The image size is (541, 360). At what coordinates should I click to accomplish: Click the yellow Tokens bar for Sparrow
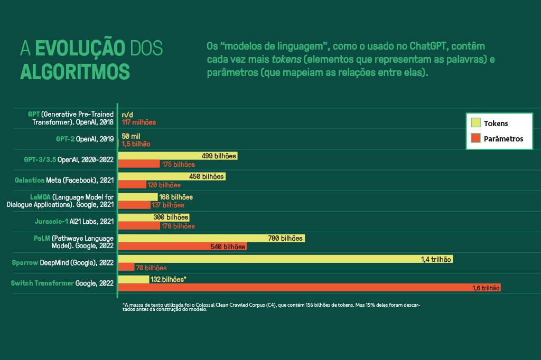point(285,259)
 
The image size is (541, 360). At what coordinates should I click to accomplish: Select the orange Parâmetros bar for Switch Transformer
point(309,288)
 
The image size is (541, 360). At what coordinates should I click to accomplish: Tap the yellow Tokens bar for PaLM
point(211,239)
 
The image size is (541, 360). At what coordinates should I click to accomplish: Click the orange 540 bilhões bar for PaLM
point(182,247)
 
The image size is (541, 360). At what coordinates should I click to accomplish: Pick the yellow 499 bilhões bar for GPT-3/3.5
point(178,156)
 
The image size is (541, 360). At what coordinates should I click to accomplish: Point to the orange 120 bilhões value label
point(164,185)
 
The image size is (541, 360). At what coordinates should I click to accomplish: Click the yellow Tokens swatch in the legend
point(475,124)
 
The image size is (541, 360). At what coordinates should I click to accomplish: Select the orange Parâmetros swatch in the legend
point(475,138)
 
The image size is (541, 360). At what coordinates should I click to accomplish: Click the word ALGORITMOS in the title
point(74,70)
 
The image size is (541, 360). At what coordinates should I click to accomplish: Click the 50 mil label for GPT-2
point(131,136)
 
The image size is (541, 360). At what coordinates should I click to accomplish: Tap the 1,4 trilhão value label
point(436,259)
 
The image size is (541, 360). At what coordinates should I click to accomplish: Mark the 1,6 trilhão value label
point(485,288)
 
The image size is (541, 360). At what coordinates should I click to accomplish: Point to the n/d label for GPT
point(127,115)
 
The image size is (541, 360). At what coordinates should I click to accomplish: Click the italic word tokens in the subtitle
point(286,59)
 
